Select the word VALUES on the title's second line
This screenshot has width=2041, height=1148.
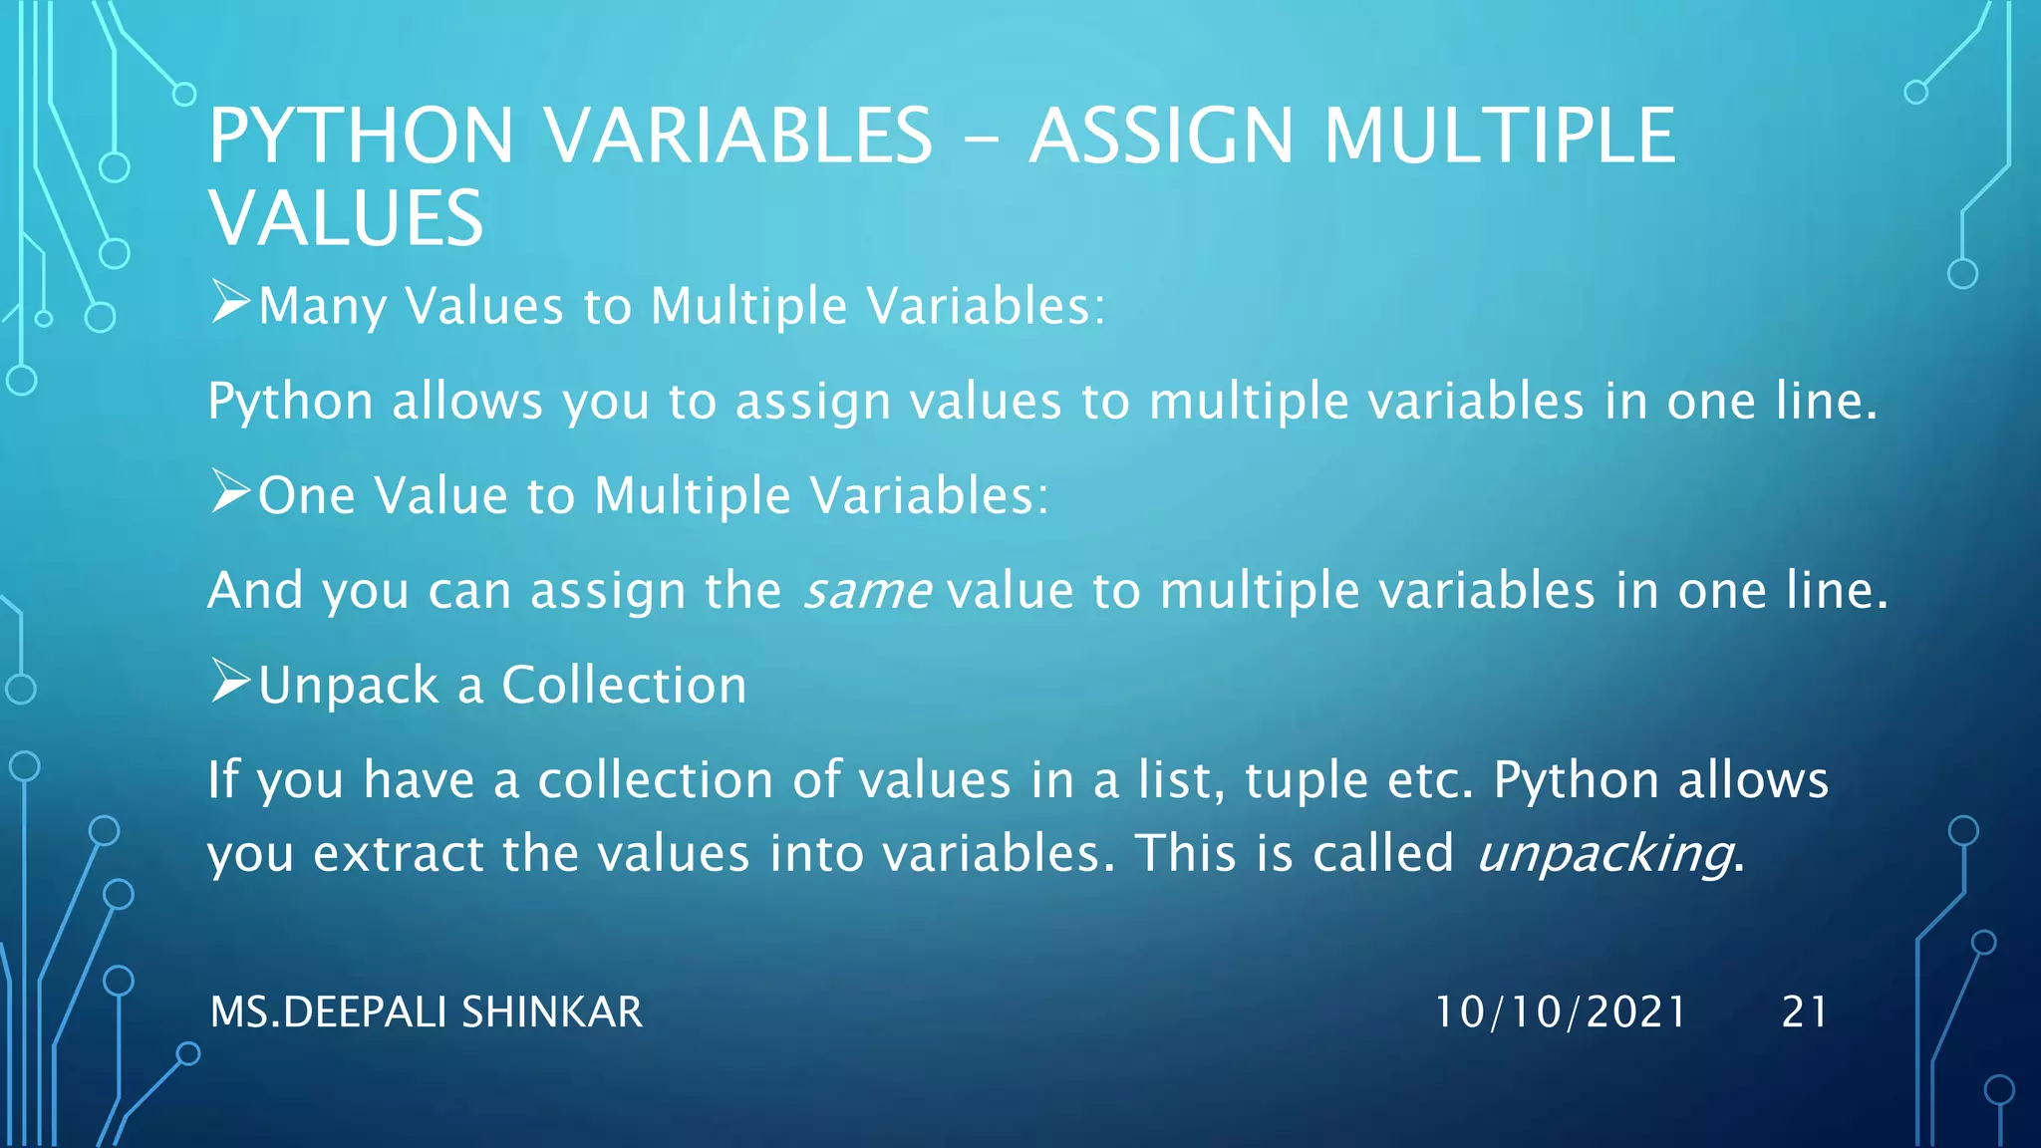coord(346,218)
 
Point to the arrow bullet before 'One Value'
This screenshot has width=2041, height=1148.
coord(230,491)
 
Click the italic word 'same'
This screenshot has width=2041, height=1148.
coord(867,591)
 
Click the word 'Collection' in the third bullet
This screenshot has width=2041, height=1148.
coord(624,686)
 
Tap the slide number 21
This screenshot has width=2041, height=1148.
coord(1805,1011)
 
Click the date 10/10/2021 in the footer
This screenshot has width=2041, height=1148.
coord(1560,1011)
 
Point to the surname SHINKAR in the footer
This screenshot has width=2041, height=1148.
coord(551,1011)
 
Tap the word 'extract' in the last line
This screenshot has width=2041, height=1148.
coord(397,854)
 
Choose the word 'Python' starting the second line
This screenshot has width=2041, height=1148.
coord(290,403)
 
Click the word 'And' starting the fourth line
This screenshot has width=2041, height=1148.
coord(255,590)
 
